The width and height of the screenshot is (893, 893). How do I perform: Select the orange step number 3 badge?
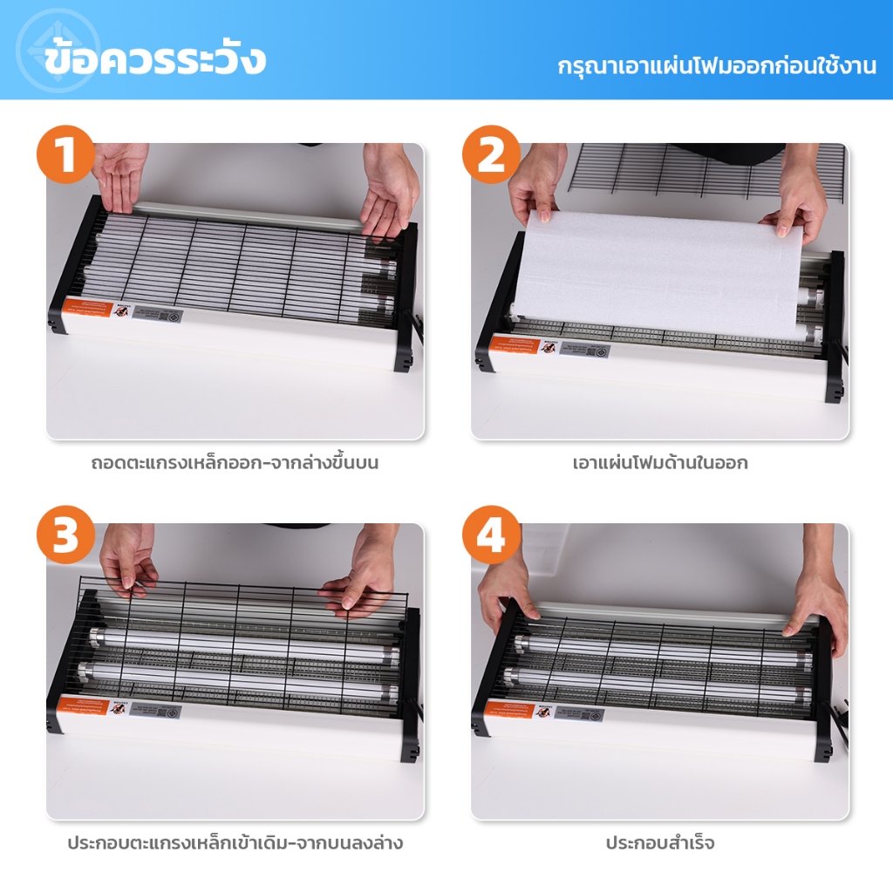point(65,535)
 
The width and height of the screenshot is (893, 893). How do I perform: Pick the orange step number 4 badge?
point(491,535)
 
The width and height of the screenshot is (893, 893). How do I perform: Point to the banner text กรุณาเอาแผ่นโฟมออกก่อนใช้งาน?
point(717,66)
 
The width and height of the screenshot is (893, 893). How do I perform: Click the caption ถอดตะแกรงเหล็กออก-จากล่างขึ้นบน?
point(235,463)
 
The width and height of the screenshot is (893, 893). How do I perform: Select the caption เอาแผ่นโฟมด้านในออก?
point(660,463)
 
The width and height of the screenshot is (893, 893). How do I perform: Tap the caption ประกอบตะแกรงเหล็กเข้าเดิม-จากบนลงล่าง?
point(235,843)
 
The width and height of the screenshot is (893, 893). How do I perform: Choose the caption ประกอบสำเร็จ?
point(660,843)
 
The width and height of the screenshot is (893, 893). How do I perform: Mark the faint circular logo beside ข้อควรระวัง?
point(58,50)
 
